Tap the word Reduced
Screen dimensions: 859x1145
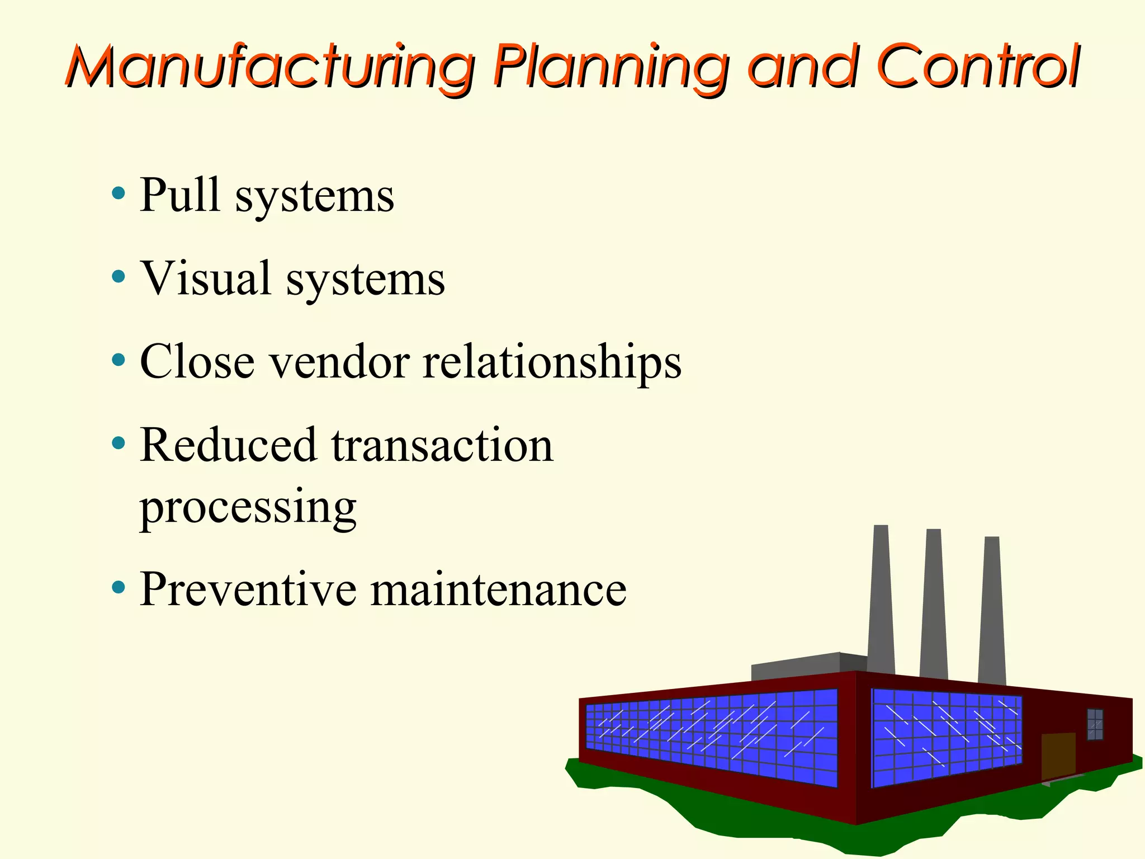[x=228, y=445]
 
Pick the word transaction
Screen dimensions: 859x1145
[x=442, y=445]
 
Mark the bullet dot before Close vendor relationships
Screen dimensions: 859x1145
[x=118, y=360]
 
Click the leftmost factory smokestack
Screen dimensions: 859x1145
[x=881, y=598]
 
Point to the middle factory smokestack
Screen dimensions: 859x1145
[x=934, y=604]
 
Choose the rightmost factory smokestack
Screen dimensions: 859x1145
[x=992, y=610]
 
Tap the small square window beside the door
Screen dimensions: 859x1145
[x=1095, y=724]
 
